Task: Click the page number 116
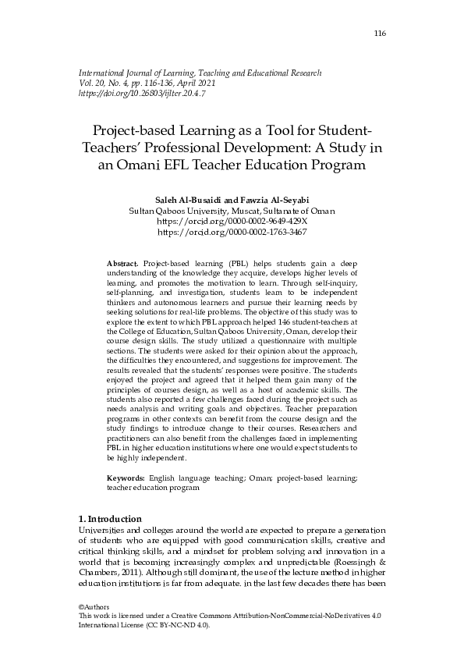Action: click(x=380, y=33)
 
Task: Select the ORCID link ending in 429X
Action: click(x=232, y=222)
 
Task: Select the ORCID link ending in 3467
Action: click(x=232, y=233)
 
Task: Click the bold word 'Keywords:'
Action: click(x=127, y=477)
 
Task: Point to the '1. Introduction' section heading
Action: click(x=111, y=519)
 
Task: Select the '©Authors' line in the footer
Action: click(x=95, y=607)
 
